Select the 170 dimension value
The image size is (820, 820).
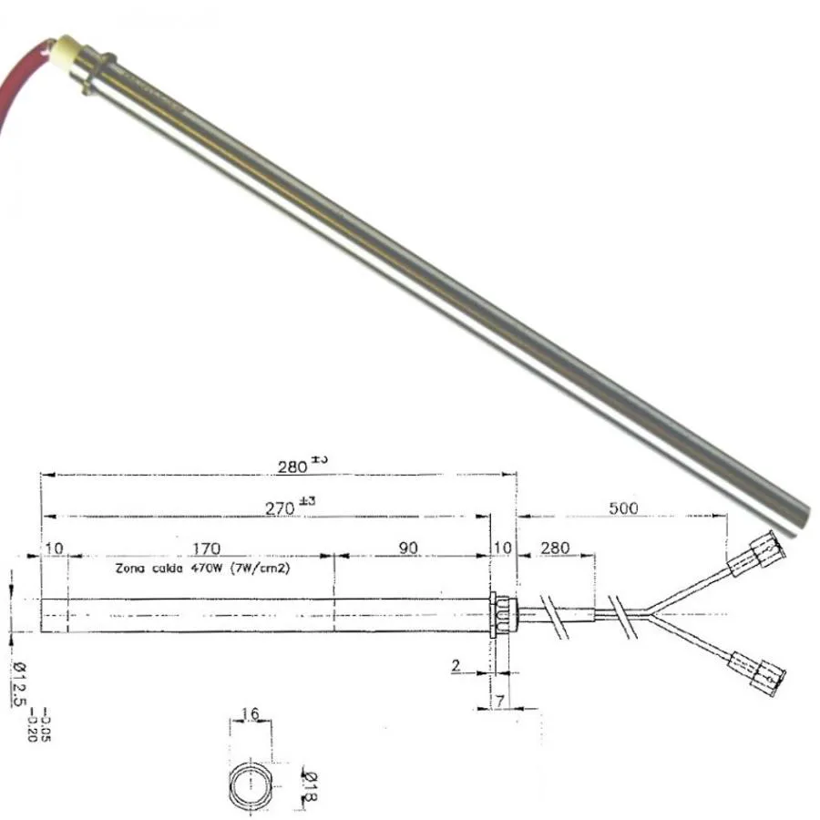pos(206,548)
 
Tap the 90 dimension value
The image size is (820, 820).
pos(408,548)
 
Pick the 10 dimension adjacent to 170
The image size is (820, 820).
pos(54,548)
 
